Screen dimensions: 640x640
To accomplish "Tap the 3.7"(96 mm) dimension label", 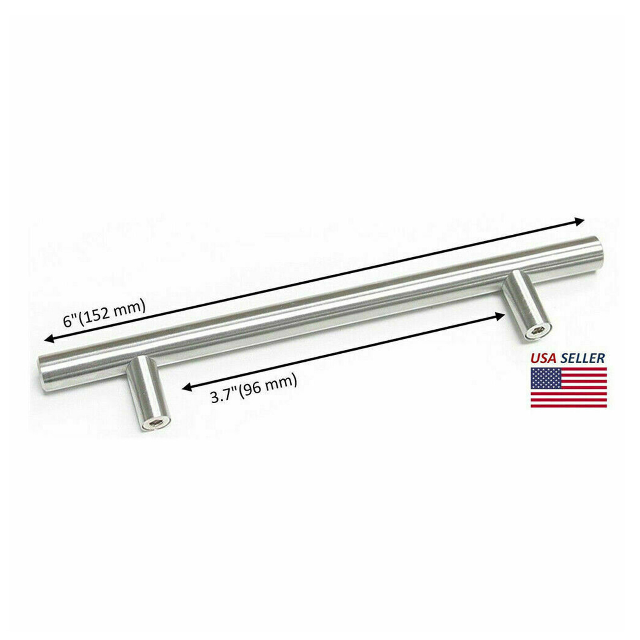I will (x=254, y=388).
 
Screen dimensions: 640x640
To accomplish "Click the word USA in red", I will (x=543, y=358).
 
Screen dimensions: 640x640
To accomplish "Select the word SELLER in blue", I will (x=582, y=358).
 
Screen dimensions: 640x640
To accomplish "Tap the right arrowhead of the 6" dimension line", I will (x=580, y=221).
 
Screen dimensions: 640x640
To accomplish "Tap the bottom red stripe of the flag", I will (x=568, y=406).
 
